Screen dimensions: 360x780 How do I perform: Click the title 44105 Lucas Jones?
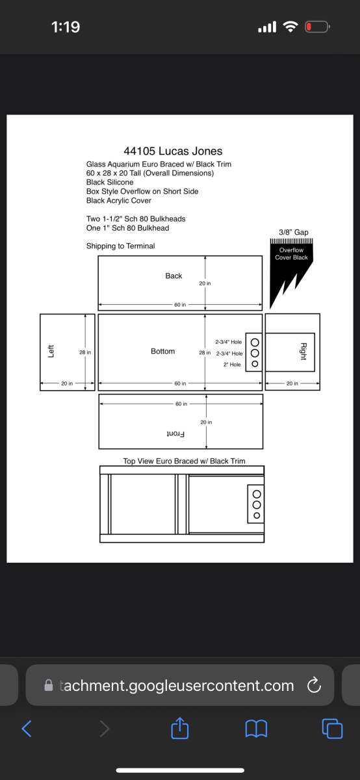tap(173, 151)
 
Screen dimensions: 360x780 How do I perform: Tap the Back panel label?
tap(174, 276)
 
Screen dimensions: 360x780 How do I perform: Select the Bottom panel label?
tap(163, 351)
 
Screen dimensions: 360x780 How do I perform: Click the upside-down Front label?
tap(175, 434)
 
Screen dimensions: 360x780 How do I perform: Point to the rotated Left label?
tap(51, 352)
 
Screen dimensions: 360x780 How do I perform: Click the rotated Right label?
tap(303, 352)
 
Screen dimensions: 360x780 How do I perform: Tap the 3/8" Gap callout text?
tap(294, 232)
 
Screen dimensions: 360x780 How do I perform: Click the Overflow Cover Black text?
tap(291, 254)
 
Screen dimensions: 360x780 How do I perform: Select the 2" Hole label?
tap(232, 365)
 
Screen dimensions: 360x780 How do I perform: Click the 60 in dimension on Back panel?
tap(180, 305)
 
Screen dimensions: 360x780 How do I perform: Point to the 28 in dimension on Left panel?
tap(85, 352)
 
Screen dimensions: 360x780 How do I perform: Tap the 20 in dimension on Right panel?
tap(292, 383)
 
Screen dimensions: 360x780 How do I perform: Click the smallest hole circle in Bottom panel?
tap(255, 364)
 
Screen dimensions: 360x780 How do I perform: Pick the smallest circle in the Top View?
tap(257, 515)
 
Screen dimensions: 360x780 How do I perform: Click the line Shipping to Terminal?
tap(120, 246)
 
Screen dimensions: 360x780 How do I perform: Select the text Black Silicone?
tap(110, 182)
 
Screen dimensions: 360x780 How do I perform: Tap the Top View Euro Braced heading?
tap(184, 461)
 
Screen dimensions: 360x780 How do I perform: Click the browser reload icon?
tap(314, 685)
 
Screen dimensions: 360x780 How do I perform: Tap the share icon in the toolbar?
tap(179, 728)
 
